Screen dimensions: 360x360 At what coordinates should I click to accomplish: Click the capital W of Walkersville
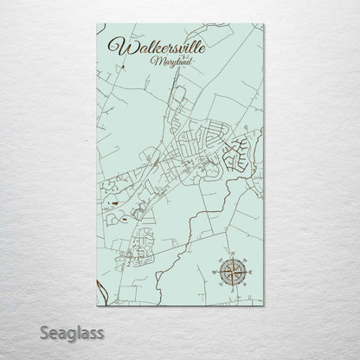[x=113, y=45]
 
